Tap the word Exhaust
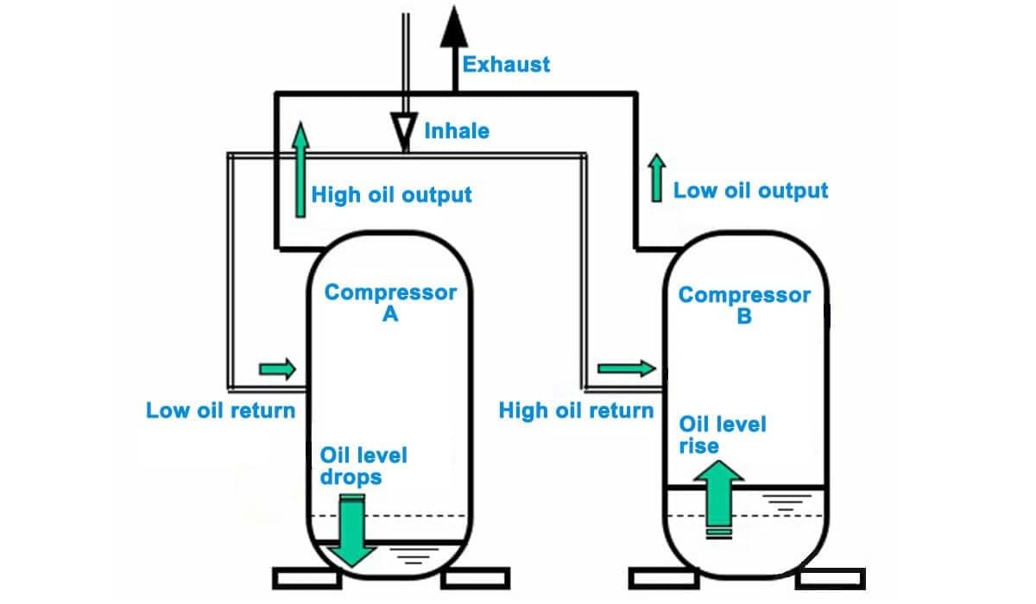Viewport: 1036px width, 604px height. click(x=506, y=64)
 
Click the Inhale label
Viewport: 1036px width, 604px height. click(x=456, y=131)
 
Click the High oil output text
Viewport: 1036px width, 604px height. click(x=391, y=194)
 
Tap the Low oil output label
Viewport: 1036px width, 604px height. click(x=750, y=191)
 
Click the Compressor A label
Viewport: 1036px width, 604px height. click(x=390, y=303)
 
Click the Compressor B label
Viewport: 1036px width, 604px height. click(x=744, y=305)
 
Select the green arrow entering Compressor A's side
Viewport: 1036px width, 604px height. click(x=277, y=370)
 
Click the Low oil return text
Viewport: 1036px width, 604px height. click(x=221, y=410)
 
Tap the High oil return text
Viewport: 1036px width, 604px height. click(x=576, y=411)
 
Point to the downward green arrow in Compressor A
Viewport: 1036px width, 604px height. click(x=352, y=532)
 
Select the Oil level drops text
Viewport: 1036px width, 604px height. click(x=363, y=465)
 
